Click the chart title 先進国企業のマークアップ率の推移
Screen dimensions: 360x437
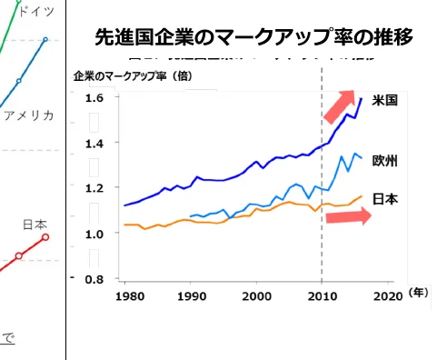[x=253, y=37]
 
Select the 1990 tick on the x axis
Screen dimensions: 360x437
[x=193, y=296]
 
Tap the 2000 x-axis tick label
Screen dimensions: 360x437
[x=257, y=296]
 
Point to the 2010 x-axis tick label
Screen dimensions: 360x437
[x=322, y=296]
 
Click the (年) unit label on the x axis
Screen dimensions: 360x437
[x=417, y=293]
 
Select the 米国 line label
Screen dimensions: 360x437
[x=386, y=100]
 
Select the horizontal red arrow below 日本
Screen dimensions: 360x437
[x=349, y=217]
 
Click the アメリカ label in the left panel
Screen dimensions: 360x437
[x=28, y=115]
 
